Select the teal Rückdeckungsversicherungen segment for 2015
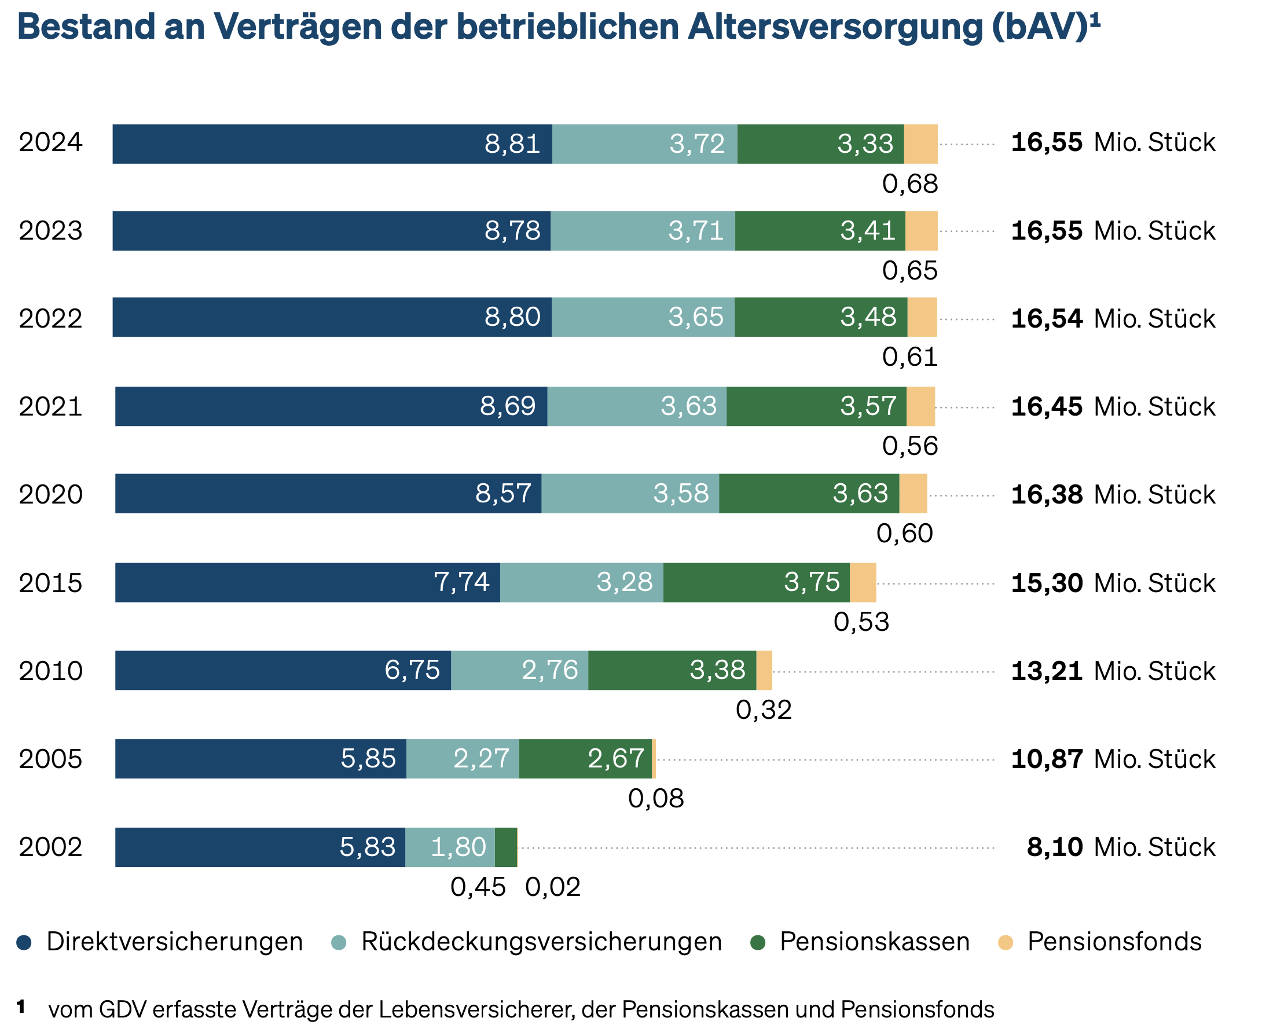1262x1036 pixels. pos(581,582)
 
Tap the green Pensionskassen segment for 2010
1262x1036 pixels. pos(672,670)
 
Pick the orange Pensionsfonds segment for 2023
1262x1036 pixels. pos(921,231)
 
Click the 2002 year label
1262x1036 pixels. pos(50,847)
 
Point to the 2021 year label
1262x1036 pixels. pos(50,406)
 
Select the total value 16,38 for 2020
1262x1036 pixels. pos(1046,495)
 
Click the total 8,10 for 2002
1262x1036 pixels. pos(1054,847)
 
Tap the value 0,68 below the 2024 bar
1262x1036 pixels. pos(910,184)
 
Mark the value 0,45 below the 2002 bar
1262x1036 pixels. pos(478,887)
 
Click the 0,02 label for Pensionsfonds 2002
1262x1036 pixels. pos(552,887)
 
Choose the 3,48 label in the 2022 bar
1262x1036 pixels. pos(868,317)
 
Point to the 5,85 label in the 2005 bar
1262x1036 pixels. pos(368,759)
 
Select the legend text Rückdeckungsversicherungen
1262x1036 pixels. pos(541,942)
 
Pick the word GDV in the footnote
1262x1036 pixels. pos(122,1010)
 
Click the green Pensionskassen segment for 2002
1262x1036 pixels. pos(505,847)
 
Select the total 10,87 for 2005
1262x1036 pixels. pos(1046,759)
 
